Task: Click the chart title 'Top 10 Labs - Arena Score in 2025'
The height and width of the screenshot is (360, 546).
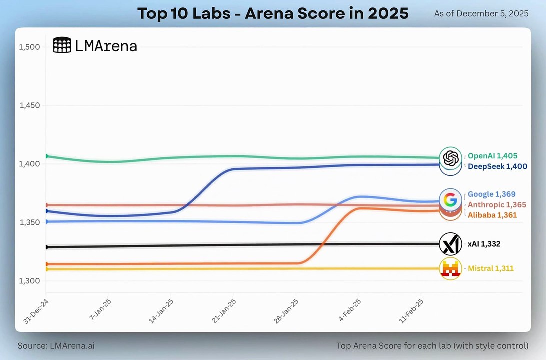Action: coord(273,13)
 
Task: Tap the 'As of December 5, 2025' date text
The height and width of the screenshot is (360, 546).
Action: coord(481,13)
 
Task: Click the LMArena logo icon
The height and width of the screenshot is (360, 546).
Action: coord(62,45)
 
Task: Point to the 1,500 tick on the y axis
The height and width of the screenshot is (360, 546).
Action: coord(29,47)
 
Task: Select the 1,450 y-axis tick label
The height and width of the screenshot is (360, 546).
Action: coord(29,106)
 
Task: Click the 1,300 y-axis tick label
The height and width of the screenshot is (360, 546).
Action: coord(29,281)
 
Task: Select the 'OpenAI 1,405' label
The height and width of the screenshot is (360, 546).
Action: coord(492,156)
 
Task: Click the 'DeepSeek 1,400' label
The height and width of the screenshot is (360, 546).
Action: coord(497,166)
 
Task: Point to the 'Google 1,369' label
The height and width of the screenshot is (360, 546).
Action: coord(491,194)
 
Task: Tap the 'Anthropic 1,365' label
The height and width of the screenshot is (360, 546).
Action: coord(497,205)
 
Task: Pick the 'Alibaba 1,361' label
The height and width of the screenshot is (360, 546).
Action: coord(492,215)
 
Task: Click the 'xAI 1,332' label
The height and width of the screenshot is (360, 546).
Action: coord(484,244)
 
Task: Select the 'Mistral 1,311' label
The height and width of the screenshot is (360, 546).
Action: coord(490,268)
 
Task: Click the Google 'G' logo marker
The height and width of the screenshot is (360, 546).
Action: coord(450,200)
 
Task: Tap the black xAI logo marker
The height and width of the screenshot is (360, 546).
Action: coord(450,244)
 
